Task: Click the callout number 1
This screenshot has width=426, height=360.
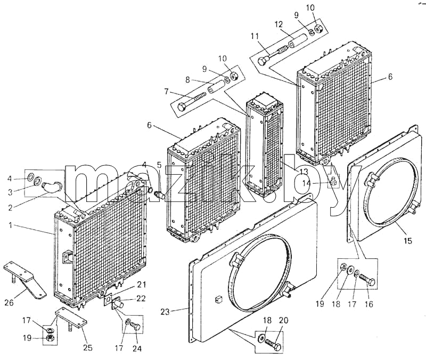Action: tap(10, 225)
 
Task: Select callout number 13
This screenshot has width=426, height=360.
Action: tap(304, 171)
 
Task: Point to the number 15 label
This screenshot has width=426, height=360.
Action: tap(408, 241)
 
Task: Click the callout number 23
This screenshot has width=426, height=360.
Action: tap(165, 312)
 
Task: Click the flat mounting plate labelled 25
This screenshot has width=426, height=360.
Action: tap(71, 318)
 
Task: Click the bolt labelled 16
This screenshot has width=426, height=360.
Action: tap(367, 279)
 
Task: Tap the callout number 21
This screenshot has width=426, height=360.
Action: tap(141, 285)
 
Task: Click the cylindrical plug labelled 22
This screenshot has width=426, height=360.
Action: tap(119, 304)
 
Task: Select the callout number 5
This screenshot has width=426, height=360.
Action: tap(159, 165)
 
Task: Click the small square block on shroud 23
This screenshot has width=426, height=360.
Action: tap(218, 299)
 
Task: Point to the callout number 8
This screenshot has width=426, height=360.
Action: tap(187, 80)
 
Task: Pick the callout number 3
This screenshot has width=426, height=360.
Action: tap(10, 192)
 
